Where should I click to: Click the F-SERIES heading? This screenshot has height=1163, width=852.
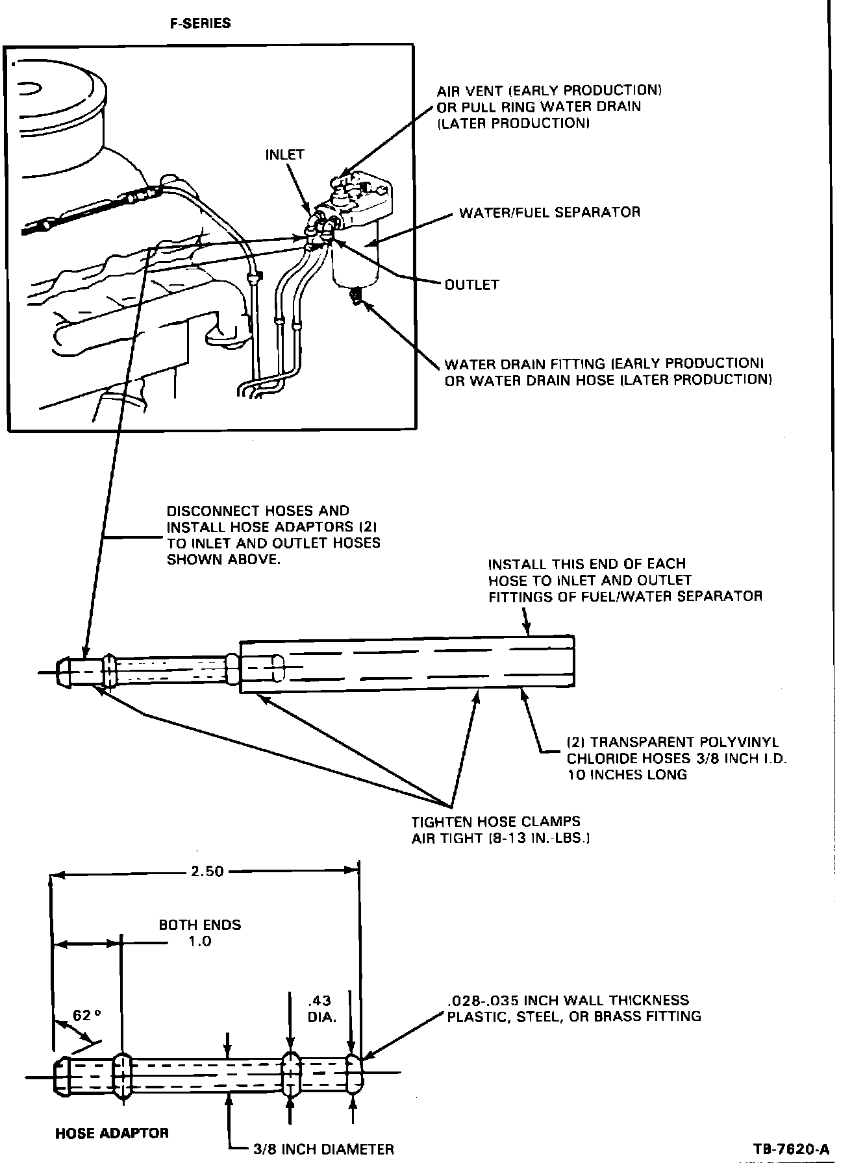point(200,23)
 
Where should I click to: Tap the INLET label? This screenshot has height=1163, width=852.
point(284,154)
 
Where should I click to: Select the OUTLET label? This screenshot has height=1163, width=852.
point(471,284)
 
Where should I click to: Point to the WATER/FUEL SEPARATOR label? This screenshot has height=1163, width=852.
point(549,212)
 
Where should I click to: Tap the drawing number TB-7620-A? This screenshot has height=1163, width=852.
point(791,1149)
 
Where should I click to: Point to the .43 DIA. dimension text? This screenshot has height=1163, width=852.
point(321,1009)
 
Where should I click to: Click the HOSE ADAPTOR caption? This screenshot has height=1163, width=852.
point(112,1132)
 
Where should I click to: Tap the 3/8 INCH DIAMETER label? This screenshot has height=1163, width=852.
point(323,1149)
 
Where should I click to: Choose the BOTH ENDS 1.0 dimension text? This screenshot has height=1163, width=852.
point(200,933)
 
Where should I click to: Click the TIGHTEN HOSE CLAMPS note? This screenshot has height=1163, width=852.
point(500,829)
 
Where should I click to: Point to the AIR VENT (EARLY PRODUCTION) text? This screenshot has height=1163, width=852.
point(549,106)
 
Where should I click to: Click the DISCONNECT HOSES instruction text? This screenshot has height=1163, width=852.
point(273,535)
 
